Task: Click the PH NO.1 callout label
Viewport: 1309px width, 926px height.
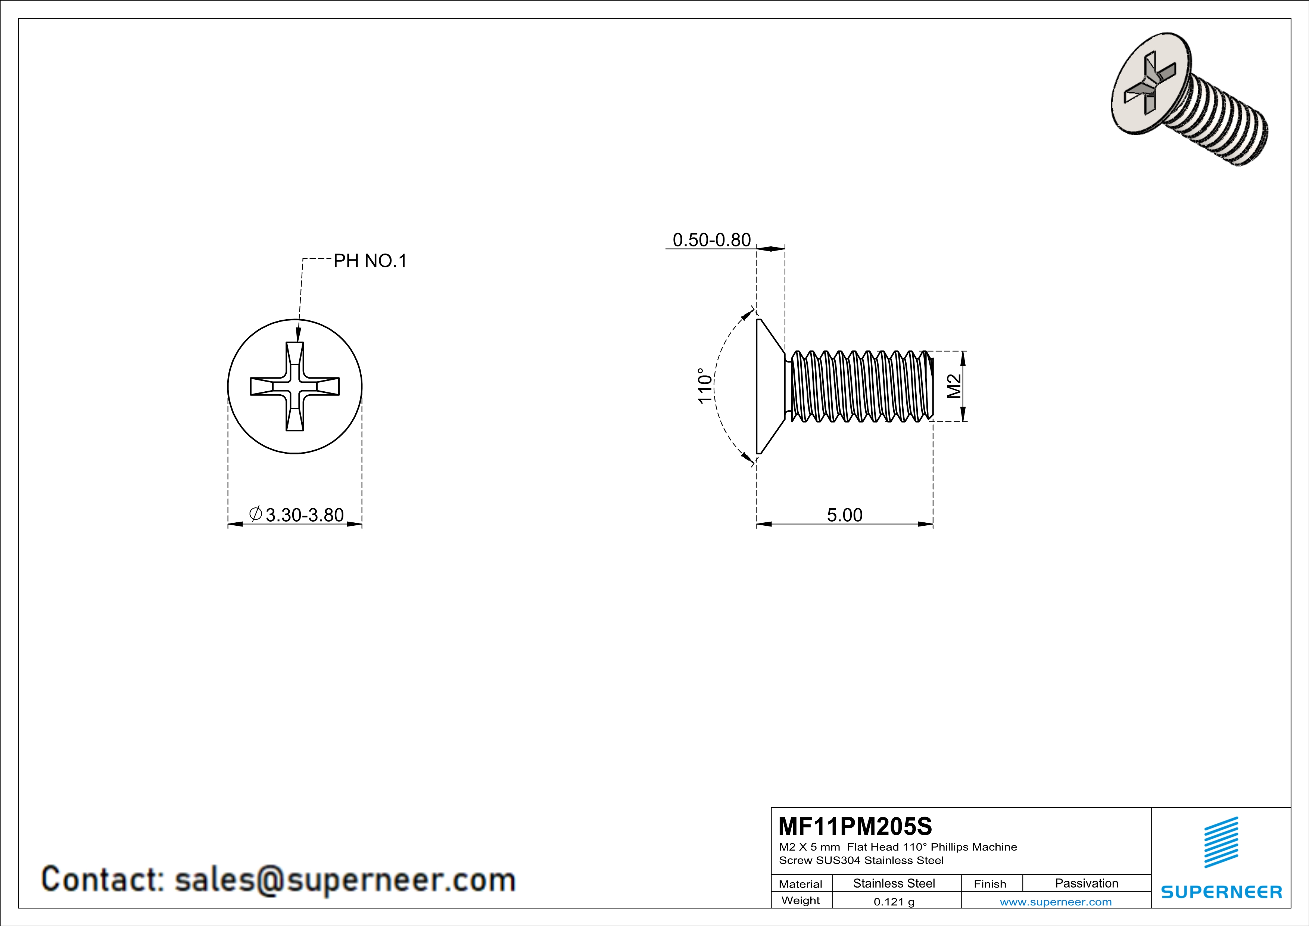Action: pyautogui.click(x=370, y=261)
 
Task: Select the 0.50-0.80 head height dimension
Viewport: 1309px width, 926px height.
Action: pyautogui.click(x=711, y=240)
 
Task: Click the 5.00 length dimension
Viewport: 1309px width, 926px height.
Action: pyautogui.click(x=844, y=515)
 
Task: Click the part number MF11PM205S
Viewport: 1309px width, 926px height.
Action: pyautogui.click(x=855, y=826)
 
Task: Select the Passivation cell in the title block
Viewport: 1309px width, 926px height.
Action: pyautogui.click(x=1086, y=883)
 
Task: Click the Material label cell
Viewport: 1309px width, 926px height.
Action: pyautogui.click(x=801, y=884)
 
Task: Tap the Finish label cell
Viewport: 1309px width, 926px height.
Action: pyautogui.click(x=990, y=884)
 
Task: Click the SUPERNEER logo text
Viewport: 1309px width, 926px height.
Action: pyautogui.click(x=1221, y=892)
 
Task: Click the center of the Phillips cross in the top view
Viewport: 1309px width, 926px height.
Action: pyautogui.click(x=295, y=386)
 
